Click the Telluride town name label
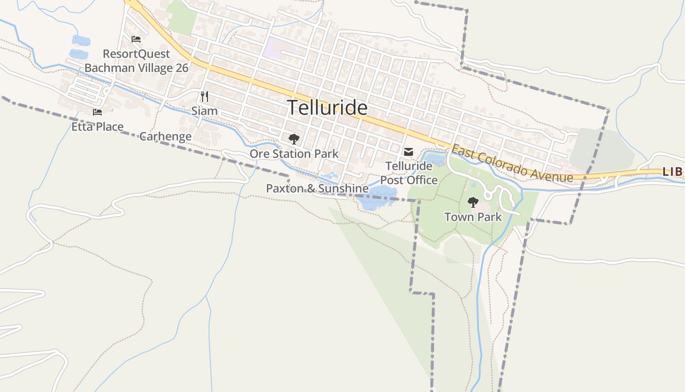point(327,107)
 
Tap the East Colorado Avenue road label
point(512,163)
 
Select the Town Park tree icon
point(473,202)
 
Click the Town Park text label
point(473,217)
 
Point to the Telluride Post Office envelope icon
point(409,152)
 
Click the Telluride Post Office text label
point(409,173)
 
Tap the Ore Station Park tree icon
point(294,139)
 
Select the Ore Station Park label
point(294,154)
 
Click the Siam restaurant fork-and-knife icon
point(205,96)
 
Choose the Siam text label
point(205,111)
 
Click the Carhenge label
point(165,136)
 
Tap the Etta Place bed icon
point(97,112)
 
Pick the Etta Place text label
point(97,127)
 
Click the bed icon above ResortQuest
point(136,39)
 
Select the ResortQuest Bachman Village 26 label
point(137,61)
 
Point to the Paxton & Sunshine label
point(317,188)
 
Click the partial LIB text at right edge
point(672,172)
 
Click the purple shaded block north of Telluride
point(279,48)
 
